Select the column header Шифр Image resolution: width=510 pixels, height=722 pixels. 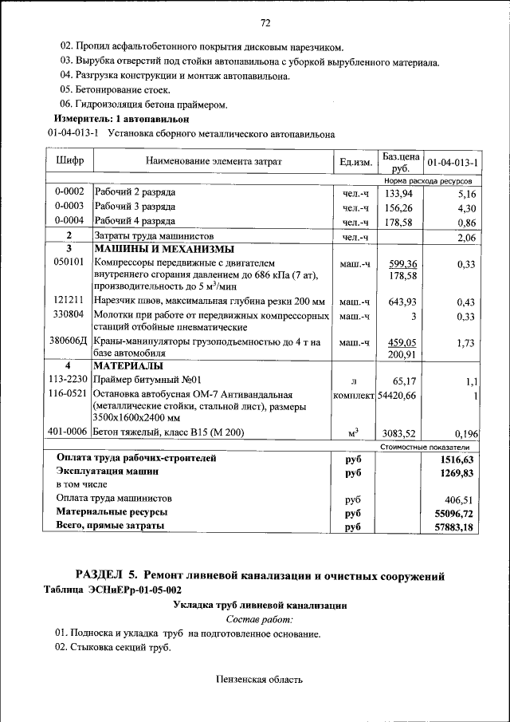pyautogui.click(x=69, y=161)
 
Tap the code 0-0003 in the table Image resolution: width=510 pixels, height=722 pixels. pyautogui.click(x=69, y=207)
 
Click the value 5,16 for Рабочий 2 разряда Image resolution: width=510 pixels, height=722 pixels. pyautogui.click(x=466, y=193)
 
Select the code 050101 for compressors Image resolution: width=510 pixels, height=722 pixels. pyautogui.click(x=69, y=262)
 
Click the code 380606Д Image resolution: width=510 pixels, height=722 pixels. pyautogui.click(x=69, y=341)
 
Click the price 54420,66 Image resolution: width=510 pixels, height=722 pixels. pyautogui.click(x=397, y=394)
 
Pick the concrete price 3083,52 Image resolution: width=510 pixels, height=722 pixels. pyautogui.click(x=399, y=433)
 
